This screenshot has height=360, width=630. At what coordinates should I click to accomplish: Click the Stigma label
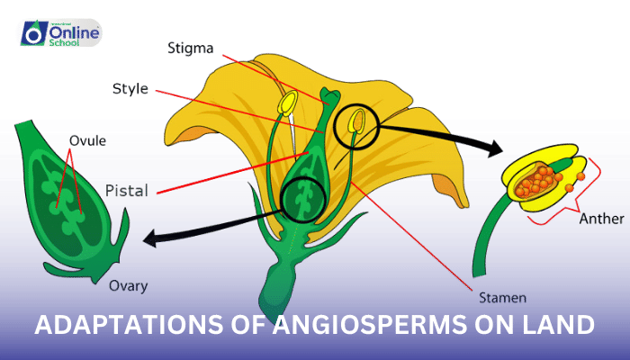click(x=192, y=48)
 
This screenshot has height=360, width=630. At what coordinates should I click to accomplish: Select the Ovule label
click(x=88, y=141)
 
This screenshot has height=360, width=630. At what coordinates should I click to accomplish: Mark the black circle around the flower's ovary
click(x=303, y=199)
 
